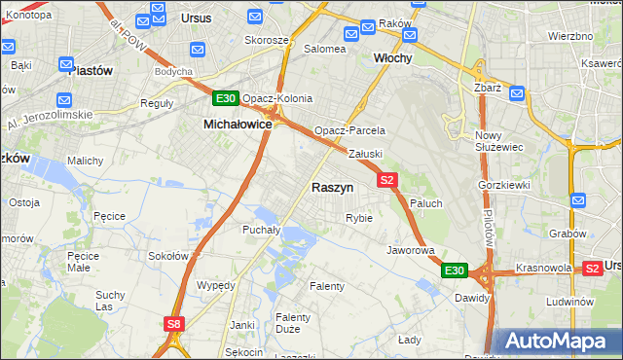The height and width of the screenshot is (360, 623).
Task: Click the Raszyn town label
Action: (x=333, y=187)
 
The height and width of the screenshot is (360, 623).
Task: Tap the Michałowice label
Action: (x=237, y=125)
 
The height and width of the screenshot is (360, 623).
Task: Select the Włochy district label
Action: (x=393, y=58)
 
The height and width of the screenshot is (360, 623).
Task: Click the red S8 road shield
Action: (x=173, y=324)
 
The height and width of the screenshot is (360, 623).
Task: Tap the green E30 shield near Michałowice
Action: (x=226, y=99)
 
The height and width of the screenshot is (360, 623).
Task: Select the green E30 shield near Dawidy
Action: (x=455, y=270)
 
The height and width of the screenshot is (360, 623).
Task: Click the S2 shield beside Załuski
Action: (x=387, y=180)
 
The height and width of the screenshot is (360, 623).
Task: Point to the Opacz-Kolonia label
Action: (x=277, y=98)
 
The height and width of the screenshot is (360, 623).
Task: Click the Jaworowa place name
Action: (x=410, y=249)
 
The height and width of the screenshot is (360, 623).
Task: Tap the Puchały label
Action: (x=261, y=230)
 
